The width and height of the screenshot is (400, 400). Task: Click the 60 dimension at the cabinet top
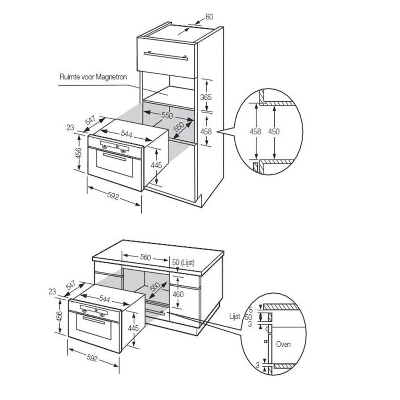[209, 16]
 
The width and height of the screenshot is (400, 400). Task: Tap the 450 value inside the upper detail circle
[274, 132]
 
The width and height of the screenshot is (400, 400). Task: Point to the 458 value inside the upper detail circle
[255, 132]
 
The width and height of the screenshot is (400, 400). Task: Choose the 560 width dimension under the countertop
[145, 257]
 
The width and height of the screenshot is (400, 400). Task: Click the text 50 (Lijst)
[184, 262]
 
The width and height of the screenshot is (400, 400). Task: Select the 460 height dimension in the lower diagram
[177, 295]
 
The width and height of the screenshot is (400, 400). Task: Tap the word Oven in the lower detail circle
[283, 344]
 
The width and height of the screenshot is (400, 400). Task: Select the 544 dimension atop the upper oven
[126, 134]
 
